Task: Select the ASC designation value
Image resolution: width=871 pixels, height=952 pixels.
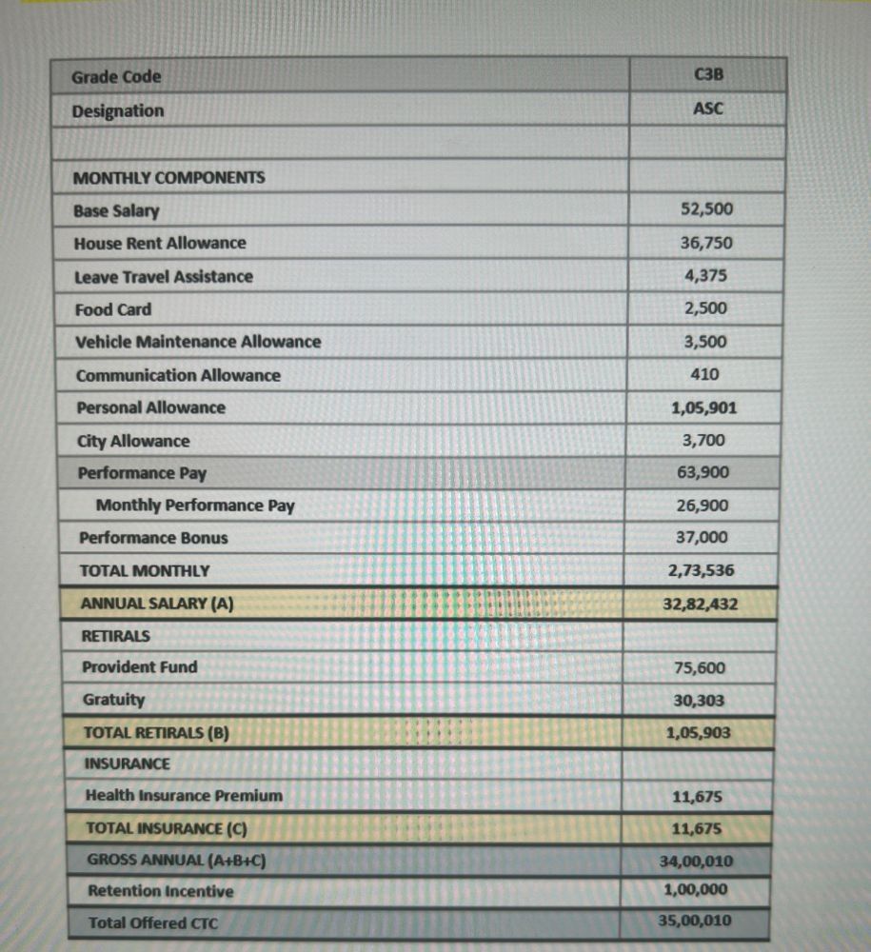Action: click(707, 109)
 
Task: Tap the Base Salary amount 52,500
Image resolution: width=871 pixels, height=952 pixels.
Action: click(706, 209)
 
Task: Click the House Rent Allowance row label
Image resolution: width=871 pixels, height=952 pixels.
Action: click(159, 244)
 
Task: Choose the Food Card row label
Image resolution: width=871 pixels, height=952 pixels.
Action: click(112, 309)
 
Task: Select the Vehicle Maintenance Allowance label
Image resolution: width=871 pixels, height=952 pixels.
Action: click(198, 342)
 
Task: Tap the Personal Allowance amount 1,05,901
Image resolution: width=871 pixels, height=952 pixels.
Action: click(703, 408)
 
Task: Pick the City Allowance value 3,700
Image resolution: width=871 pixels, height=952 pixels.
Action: click(703, 440)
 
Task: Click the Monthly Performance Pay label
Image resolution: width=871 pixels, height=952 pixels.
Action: click(195, 506)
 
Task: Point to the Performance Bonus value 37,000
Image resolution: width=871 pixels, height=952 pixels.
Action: click(703, 537)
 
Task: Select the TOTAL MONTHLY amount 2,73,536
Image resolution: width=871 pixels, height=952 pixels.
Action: click(702, 570)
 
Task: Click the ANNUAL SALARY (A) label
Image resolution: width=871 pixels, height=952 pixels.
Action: click(157, 604)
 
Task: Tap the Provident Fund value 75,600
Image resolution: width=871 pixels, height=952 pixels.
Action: click(700, 668)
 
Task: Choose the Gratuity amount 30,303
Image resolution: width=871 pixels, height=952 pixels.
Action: click(699, 701)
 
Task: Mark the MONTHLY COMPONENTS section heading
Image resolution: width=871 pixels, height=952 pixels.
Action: click(169, 178)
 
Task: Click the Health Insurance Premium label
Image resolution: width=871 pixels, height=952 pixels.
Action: click(184, 796)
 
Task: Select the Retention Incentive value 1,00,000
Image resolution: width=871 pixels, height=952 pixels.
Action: click(695, 891)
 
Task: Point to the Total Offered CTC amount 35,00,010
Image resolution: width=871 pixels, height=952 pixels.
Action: click(695, 921)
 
